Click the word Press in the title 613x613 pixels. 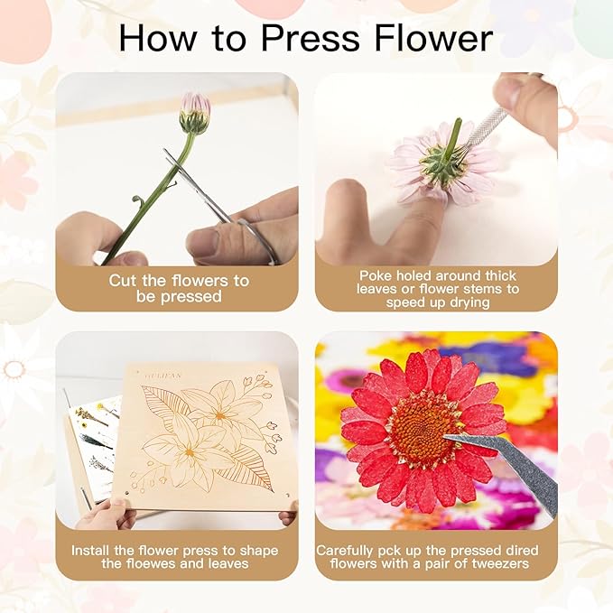point(310,38)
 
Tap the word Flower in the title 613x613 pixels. point(433,38)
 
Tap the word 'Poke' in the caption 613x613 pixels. point(376,275)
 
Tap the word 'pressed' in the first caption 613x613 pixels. point(191,296)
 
